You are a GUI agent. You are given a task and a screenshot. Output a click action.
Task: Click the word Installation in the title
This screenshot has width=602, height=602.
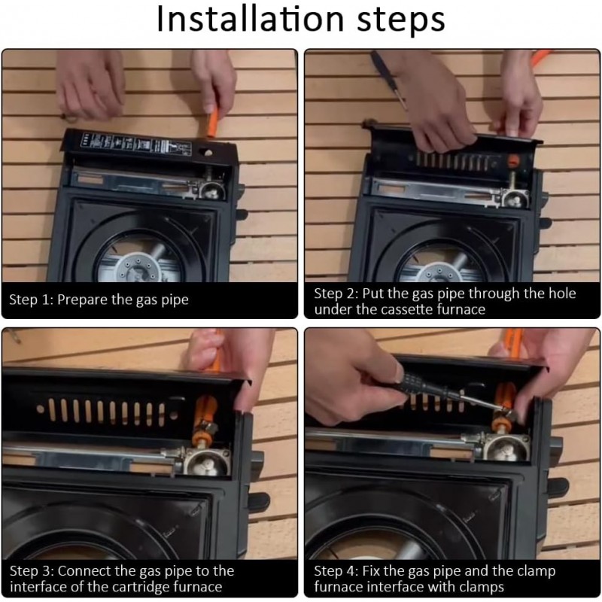point(251,20)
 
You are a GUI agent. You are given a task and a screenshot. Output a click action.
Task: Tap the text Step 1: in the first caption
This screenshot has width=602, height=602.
point(31,299)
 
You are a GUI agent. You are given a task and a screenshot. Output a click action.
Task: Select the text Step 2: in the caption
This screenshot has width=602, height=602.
point(336,293)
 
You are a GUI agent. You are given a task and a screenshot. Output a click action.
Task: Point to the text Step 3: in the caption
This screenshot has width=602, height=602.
point(32,571)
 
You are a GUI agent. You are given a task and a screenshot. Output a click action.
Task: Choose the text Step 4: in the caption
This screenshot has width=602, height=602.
point(336,571)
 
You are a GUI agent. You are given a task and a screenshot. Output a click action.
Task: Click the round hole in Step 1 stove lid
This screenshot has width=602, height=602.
point(208,153)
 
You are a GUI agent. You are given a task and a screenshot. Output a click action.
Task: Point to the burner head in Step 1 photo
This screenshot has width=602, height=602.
point(138,266)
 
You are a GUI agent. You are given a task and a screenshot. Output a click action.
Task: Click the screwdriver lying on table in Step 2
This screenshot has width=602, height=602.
point(388,79)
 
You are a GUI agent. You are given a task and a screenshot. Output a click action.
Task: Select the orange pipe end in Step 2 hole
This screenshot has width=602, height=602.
point(513,160)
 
